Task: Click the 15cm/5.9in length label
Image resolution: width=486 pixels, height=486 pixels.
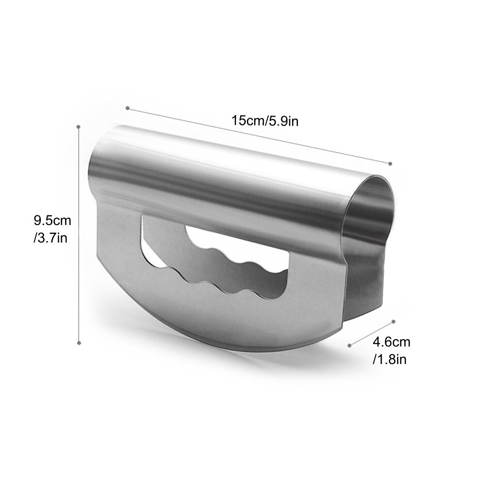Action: (x=264, y=121)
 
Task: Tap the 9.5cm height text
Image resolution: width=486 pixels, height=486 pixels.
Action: (x=52, y=221)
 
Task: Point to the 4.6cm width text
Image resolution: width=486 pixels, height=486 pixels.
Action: (x=391, y=342)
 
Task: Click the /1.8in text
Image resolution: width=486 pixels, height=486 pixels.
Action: (x=389, y=359)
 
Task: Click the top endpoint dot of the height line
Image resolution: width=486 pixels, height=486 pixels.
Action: (x=78, y=127)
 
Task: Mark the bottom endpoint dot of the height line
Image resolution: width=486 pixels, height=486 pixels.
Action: (x=79, y=343)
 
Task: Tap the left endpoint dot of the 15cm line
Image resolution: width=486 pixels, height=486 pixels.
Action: (x=127, y=108)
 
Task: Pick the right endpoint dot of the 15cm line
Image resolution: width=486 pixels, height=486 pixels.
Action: (x=390, y=163)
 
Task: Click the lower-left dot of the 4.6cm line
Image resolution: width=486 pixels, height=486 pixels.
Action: (x=350, y=346)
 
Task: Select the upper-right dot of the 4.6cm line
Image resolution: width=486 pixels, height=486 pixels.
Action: (x=393, y=321)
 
